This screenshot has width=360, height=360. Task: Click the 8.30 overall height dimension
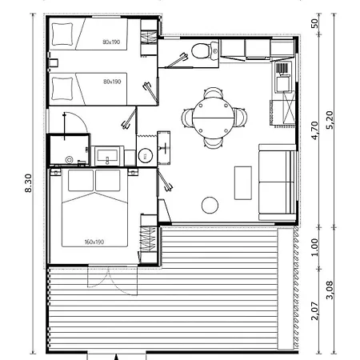click(x=28, y=183)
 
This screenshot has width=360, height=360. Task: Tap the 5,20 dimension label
click(x=330, y=120)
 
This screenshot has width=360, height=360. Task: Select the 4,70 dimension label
click(x=314, y=130)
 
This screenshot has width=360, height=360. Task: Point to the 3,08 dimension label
click(x=330, y=290)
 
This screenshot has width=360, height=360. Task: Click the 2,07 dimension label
click(x=314, y=311)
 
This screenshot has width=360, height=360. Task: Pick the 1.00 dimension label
click(x=314, y=247)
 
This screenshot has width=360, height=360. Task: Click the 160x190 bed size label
click(x=94, y=242)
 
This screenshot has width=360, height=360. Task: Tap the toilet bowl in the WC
click(x=200, y=50)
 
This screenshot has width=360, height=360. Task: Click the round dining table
click(x=214, y=118)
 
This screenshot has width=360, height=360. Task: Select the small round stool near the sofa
click(x=210, y=205)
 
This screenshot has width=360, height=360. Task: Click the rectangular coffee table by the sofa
click(x=243, y=183)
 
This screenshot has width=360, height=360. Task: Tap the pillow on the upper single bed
click(x=62, y=34)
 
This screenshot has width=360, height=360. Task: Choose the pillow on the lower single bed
click(x=62, y=89)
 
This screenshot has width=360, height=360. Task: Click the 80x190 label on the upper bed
click(x=111, y=42)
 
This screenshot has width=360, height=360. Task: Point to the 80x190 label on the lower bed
click(x=112, y=82)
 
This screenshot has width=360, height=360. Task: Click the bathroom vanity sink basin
click(x=107, y=155)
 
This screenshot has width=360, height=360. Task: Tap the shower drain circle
click(x=70, y=160)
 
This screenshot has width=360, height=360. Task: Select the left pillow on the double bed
click(x=81, y=181)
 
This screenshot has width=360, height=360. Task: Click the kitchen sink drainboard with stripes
click(x=282, y=68)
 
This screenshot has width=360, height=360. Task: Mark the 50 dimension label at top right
click(x=314, y=24)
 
